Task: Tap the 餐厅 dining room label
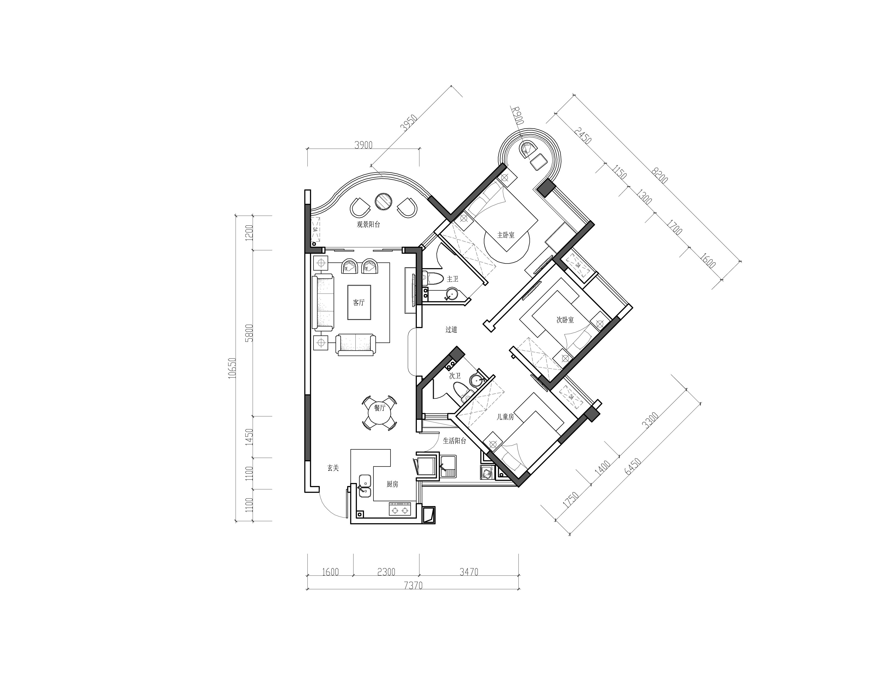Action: click(380, 408)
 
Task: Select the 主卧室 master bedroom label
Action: click(506, 235)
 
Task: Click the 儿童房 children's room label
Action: click(505, 417)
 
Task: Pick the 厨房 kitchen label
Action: click(392, 484)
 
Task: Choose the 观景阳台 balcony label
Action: click(368, 224)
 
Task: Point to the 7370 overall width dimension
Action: click(413, 585)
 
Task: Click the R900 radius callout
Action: click(518, 116)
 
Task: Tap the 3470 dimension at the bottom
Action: click(469, 571)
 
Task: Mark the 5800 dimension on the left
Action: click(249, 333)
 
